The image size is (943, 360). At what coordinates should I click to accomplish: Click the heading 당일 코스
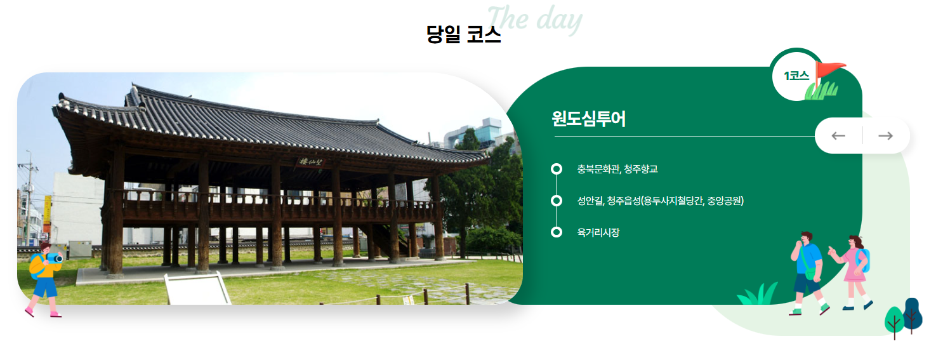[464, 34]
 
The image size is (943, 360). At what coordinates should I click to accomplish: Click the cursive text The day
[534, 19]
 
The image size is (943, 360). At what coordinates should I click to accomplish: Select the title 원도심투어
[588, 119]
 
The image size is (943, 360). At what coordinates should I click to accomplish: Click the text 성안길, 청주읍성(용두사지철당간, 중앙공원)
[660, 201]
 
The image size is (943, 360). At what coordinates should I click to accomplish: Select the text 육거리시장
[598, 232]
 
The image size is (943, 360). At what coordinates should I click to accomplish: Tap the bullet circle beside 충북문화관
[557, 169]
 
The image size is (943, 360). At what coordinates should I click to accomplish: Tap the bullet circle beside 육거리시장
[557, 232]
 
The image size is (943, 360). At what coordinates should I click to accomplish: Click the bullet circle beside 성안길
[557, 201]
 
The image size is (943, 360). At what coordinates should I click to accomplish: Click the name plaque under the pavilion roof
[311, 163]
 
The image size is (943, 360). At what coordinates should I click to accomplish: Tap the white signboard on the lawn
[197, 290]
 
